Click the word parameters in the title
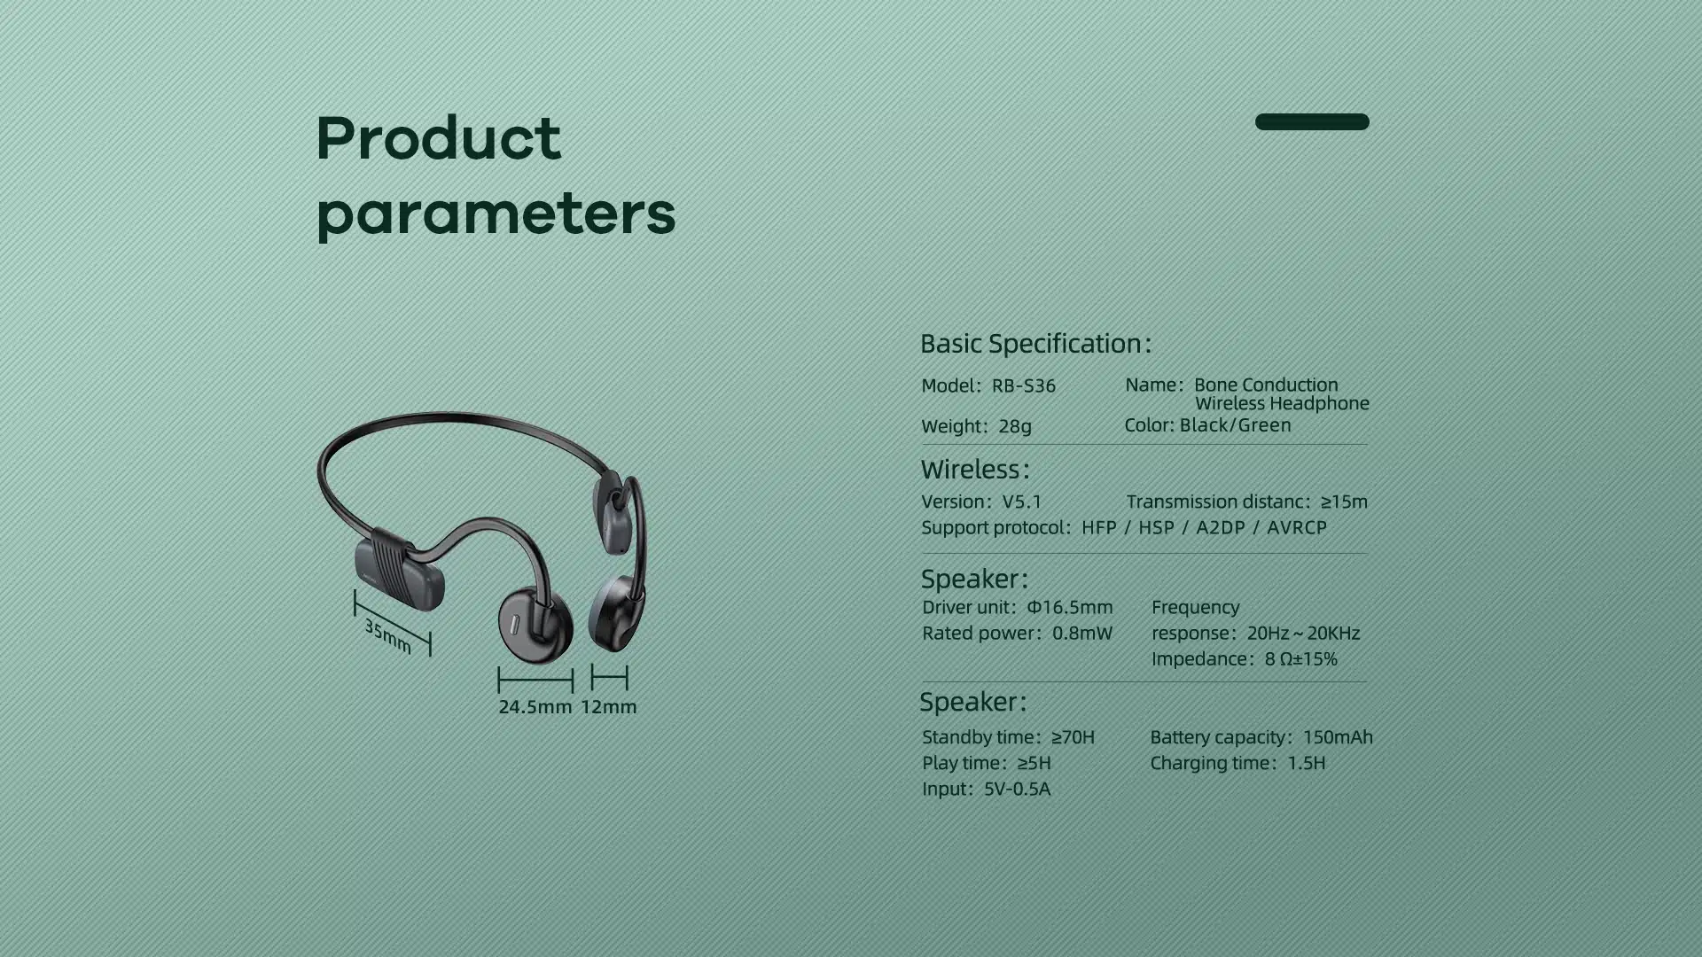tap(496, 214)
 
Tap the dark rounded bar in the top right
tap(1312, 121)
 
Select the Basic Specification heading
tap(1035, 343)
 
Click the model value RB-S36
tap(1023, 385)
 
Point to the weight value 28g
tap(1015, 426)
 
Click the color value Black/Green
tap(1235, 424)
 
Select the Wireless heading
tap(975, 469)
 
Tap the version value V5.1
tap(1022, 502)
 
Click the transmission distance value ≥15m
tap(1344, 502)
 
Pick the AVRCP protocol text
tap(1297, 527)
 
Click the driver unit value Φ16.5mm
tap(1070, 607)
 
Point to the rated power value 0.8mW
tap(1082, 633)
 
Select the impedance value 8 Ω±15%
tap(1301, 658)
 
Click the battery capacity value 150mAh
tap(1338, 736)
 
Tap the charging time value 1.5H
tap(1307, 763)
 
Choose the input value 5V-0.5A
tap(1017, 789)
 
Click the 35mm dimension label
tap(388, 635)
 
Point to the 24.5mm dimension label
tap(535, 707)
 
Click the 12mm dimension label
tap(609, 707)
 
